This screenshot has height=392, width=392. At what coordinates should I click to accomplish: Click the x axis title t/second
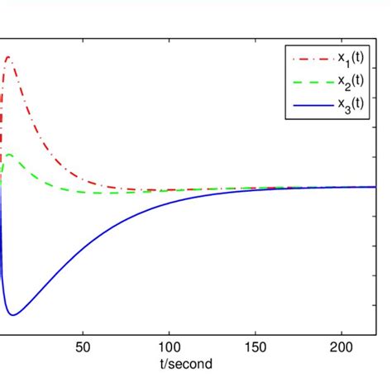(187, 363)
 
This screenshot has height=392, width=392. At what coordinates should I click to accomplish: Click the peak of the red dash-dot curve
(7, 56)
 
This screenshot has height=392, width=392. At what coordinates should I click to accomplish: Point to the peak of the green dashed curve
(8, 154)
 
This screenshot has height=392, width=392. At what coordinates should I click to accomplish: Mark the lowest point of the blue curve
(12, 315)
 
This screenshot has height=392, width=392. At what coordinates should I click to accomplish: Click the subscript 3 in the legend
(343, 108)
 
